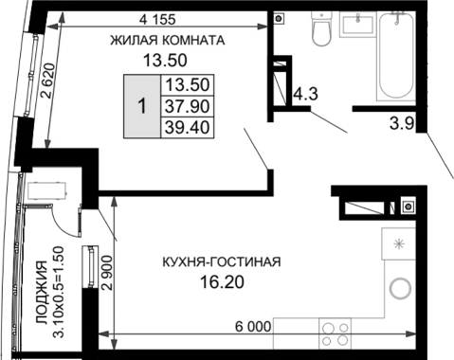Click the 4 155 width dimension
(x=158, y=18)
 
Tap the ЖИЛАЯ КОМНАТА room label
(x=167, y=41)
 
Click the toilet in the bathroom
(x=319, y=30)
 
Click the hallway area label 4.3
(x=304, y=95)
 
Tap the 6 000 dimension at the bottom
(x=253, y=327)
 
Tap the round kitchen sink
(x=399, y=287)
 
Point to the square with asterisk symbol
(x=398, y=244)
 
